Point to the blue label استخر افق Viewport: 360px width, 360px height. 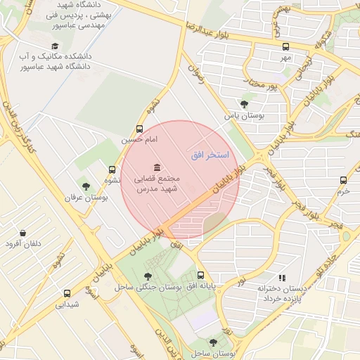210,153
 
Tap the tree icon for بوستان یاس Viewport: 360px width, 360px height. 244,103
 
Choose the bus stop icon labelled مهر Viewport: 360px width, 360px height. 285,46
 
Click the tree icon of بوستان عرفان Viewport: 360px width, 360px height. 86,186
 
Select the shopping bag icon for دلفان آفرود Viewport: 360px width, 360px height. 23,232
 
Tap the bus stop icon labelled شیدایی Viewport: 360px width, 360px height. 67,293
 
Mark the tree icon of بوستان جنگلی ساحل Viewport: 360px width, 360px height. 147,276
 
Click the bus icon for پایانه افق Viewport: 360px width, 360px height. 202,275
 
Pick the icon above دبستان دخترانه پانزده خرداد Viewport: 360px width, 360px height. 283,278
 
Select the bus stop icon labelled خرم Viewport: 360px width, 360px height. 344,179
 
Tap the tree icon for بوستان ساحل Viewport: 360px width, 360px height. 213,342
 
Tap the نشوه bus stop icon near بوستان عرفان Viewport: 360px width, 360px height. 112,169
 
